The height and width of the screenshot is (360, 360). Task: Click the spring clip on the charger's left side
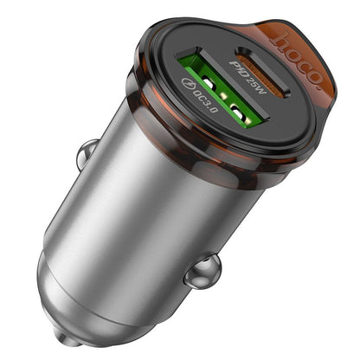[85, 155]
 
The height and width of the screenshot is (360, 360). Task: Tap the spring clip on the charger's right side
[202, 271]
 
